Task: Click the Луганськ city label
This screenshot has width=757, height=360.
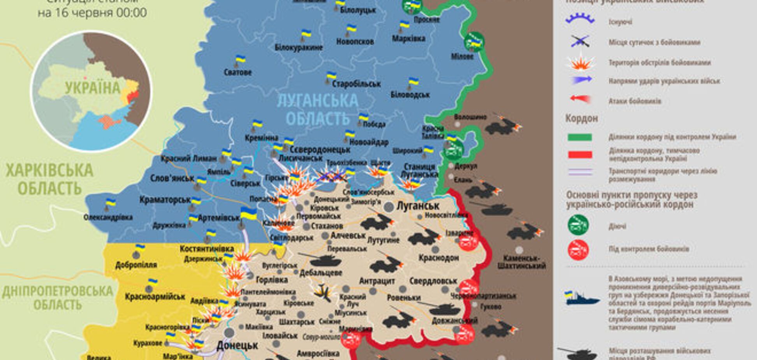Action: (417, 206)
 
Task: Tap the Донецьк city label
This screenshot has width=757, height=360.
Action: (237, 345)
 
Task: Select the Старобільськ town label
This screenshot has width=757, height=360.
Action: (356, 84)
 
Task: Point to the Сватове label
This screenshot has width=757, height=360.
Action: (238, 72)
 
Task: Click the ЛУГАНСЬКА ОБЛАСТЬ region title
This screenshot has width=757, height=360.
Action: (317, 109)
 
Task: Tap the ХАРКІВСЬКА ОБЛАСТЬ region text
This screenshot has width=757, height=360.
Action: (49, 179)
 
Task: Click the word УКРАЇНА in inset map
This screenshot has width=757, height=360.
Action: (93, 88)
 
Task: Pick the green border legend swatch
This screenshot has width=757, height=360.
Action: (579, 137)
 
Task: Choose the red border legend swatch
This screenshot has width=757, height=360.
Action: (579, 155)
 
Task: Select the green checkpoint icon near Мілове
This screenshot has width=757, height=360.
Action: (474, 42)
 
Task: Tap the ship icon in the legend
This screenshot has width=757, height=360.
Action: (581, 298)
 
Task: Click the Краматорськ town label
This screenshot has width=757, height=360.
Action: (165, 200)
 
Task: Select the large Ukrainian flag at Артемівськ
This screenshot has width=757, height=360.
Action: (248, 214)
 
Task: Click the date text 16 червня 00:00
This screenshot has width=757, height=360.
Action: (92, 13)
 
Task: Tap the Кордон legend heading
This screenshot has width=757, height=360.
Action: (581, 118)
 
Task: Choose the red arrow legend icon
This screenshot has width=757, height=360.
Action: (580, 99)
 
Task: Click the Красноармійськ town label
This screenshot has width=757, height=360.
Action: (155, 297)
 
